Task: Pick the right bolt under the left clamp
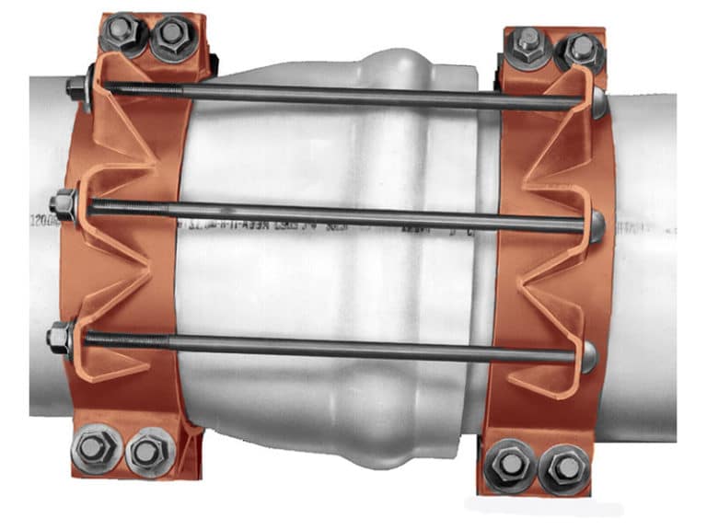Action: coord(145,451)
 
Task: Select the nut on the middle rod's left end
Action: coord(66,202)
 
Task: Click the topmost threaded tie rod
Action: coord(341,95)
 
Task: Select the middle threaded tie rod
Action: coord(341,215)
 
